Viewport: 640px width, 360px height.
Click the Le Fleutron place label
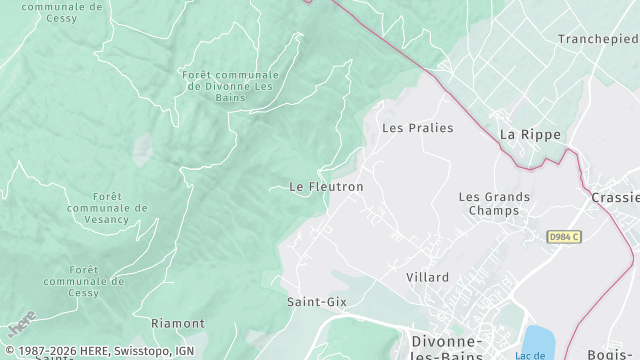[326, 187]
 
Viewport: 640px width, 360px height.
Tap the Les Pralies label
[418, 128]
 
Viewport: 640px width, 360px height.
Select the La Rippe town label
[530, 134]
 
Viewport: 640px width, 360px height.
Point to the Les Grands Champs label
[494, 204]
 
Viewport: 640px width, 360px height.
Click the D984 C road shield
[564, 237]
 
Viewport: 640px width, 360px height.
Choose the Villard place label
[427, 277]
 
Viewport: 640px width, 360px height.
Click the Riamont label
[177, 324]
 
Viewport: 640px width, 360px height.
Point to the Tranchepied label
[598, 39]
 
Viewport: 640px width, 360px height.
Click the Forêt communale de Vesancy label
[107, 207]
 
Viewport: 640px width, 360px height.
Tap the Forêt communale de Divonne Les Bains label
[230, 87]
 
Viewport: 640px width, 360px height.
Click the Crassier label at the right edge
[614, 198]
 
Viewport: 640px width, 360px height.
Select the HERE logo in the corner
[20, 326]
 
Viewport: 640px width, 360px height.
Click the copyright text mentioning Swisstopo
[100, 351]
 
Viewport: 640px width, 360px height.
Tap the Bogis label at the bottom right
[612, 354]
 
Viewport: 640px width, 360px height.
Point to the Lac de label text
[531, 355]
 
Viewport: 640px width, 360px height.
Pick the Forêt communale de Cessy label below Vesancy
[97, 281]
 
